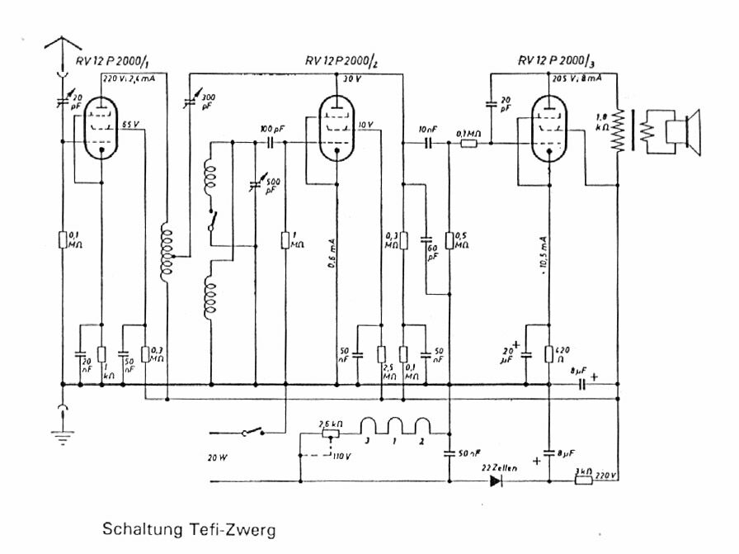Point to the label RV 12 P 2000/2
point(346,61)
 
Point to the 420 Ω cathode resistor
point(548,354)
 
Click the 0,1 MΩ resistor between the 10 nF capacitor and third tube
point(468,143)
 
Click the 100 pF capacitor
point(271,143)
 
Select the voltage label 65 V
point(131,125)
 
